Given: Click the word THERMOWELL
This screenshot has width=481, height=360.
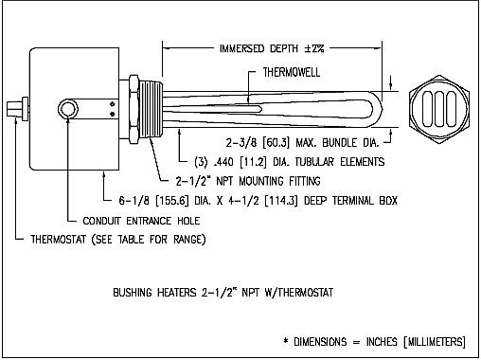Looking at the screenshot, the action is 292,72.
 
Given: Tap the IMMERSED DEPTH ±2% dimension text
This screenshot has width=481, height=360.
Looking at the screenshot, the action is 272,48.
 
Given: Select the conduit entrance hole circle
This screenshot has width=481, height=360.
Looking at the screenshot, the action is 68,109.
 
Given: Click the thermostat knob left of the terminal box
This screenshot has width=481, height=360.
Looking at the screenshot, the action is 17,109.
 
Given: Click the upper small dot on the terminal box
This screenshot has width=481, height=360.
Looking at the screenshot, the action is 112,103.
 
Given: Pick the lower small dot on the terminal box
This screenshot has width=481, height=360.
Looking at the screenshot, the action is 112,114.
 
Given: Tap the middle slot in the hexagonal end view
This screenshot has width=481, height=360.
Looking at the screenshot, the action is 439,109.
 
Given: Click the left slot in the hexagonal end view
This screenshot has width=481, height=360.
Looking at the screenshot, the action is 427,109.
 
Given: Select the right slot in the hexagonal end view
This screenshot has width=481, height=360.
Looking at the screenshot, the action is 451,109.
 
